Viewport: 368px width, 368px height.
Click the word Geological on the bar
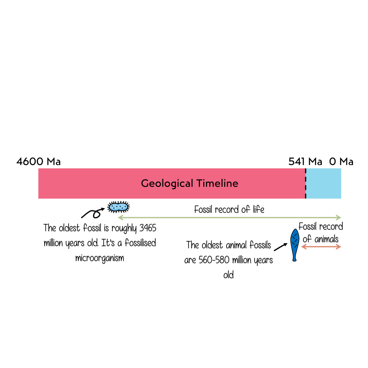click(x=167, y=183)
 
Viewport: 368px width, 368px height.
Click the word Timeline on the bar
click(x=217, y=183)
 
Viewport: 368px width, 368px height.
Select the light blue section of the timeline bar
click(x=324, y=183)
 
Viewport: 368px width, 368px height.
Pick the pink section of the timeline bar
click(x=92, y=183)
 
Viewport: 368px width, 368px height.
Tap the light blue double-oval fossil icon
click(x=118, y=207)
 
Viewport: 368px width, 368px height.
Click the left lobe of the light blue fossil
click(x=114, y=207)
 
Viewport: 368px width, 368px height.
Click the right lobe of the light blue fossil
click(x=123, y=207)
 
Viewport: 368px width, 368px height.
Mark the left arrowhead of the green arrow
click(x=120, y=218)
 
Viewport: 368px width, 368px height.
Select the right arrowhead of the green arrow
click(x=339, y=218)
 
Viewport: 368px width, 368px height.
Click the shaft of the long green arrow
click(x=230, y=218)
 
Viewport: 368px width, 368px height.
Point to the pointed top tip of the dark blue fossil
click(x=295, y=230)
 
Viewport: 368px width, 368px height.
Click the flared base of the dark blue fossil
click(x=294, y=259)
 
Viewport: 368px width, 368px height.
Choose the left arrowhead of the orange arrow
click(x=303, y=247)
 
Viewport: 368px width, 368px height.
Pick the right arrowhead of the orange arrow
click(x=339, y=247)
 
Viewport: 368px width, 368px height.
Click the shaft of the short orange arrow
click(x=321, y=247)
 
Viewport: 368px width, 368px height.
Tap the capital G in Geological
click(x=145, y=183)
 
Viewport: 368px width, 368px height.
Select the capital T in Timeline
click(x=199, y=183)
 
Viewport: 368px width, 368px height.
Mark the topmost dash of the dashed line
click(x=305, y=171)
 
